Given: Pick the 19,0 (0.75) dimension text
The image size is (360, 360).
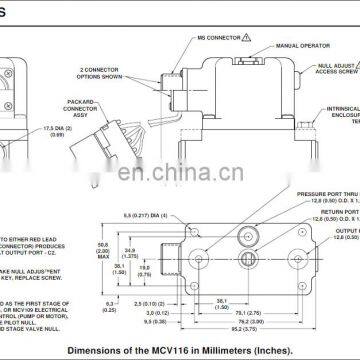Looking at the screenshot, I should click(144, 243).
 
